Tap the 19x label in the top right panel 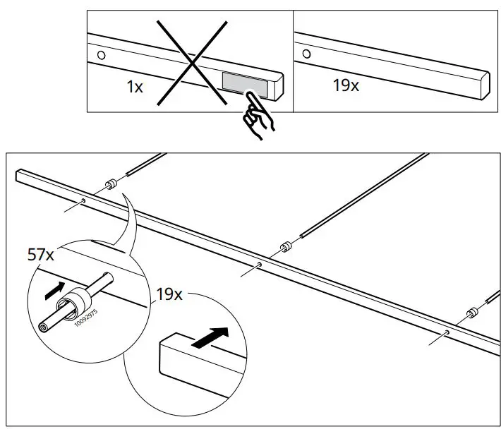pos(346,86)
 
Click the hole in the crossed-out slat pos(100,54)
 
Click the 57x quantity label pos(41,255)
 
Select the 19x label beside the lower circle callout pos(169,294)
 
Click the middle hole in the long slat pos(261,265)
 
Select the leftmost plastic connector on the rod pos(110,185)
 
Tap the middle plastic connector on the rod pos(286,248)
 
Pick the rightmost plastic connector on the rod pos(471,313)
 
